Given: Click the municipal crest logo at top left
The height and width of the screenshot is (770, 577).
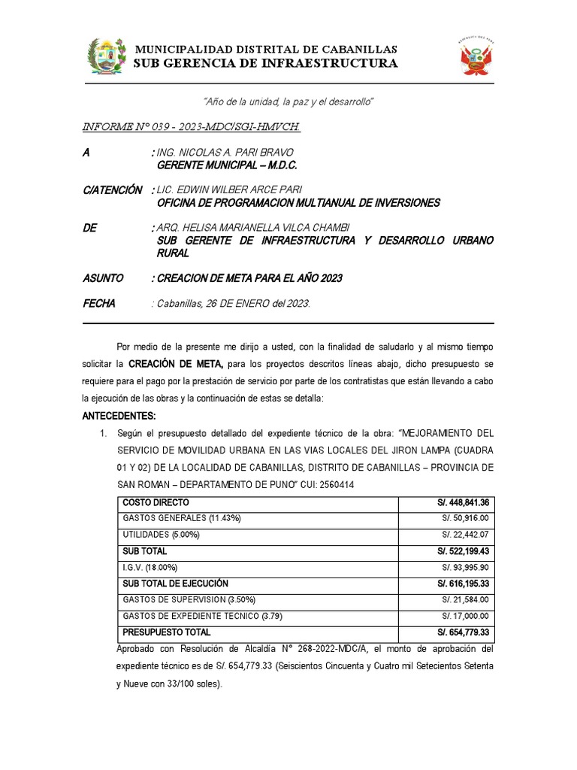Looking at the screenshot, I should [x=105, y=56].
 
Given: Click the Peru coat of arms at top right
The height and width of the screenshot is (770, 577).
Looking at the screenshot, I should [x=475, y=57].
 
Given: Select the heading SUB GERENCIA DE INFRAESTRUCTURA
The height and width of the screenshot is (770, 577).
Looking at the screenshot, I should [x=265, y=63].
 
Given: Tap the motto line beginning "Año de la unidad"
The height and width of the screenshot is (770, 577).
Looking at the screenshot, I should [x=288, y=101].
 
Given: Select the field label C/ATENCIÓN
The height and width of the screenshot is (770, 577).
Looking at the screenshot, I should [x=112, y=190].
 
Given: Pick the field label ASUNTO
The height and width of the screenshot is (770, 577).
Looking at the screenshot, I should [x=102, y=278].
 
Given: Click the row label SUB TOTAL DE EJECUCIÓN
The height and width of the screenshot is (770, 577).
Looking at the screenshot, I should [x=175, y=584].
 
